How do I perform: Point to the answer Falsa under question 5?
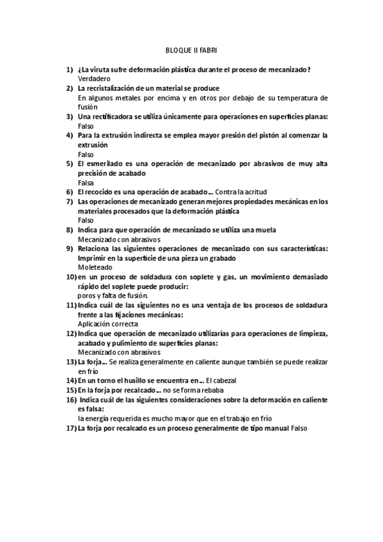[86, 182]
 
